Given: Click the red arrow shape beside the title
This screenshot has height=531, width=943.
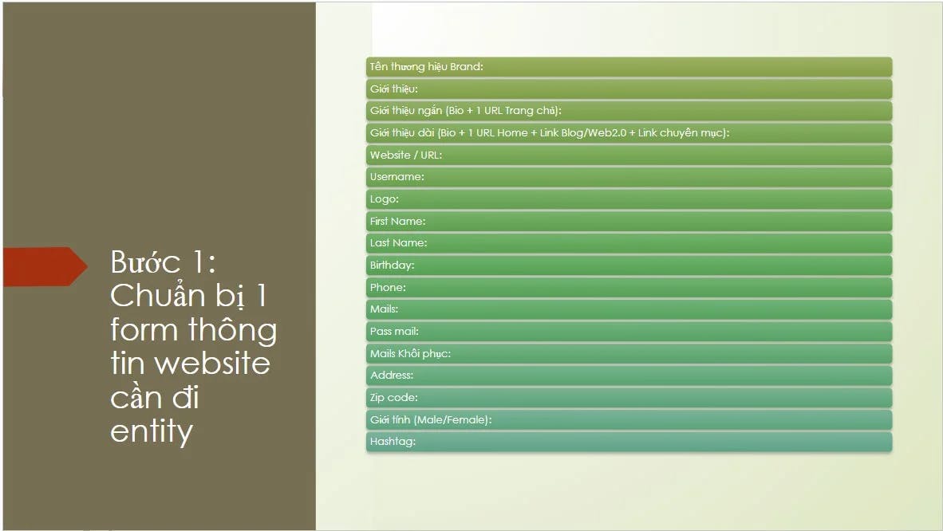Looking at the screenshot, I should pyautogui.click(x=45, y=266).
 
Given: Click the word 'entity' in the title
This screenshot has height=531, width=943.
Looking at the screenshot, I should pyautogui.click(x=152, y=431).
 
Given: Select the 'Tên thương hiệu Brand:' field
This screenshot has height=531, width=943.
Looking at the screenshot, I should pyautogui.click(x=628, y=67).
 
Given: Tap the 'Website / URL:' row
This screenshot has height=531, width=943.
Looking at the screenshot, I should pyautogui.click(x=628, y=155).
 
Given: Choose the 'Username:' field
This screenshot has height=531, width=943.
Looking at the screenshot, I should pyautogui.click(x=628, y=177).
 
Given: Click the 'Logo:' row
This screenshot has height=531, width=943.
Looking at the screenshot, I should pyautogui.click(x=628, y=199).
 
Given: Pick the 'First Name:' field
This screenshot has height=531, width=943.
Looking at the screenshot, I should pyautogui.click(x=628, y=221).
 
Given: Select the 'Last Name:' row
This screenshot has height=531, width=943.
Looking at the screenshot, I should pyautogui.click(x=628, y=243).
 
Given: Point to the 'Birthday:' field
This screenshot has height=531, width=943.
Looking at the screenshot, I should pyautogui.click(x=628, y=265).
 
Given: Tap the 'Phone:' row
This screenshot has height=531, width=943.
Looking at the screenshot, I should pyautogui.click(x=628, y=287).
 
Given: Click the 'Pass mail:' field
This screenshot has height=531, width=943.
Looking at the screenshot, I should pyautogui.click(x=628, y=331).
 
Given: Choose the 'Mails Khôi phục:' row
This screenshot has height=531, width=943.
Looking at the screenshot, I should pyautogui.click(x=628, y=353).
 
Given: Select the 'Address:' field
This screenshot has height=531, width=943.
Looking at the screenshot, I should pyautogui.click(x=628, y=376).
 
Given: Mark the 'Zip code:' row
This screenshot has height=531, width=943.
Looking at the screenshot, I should pyautogui.click(x=628, y=397).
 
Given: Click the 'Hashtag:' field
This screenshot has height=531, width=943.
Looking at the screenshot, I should pyautogui.click(x=628, y=442).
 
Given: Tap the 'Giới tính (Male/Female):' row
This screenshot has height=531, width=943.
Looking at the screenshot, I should pyautogui.click(x=628, y=419).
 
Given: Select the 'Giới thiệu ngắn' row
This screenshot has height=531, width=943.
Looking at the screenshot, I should pyautogui.click(x=628, y=111).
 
